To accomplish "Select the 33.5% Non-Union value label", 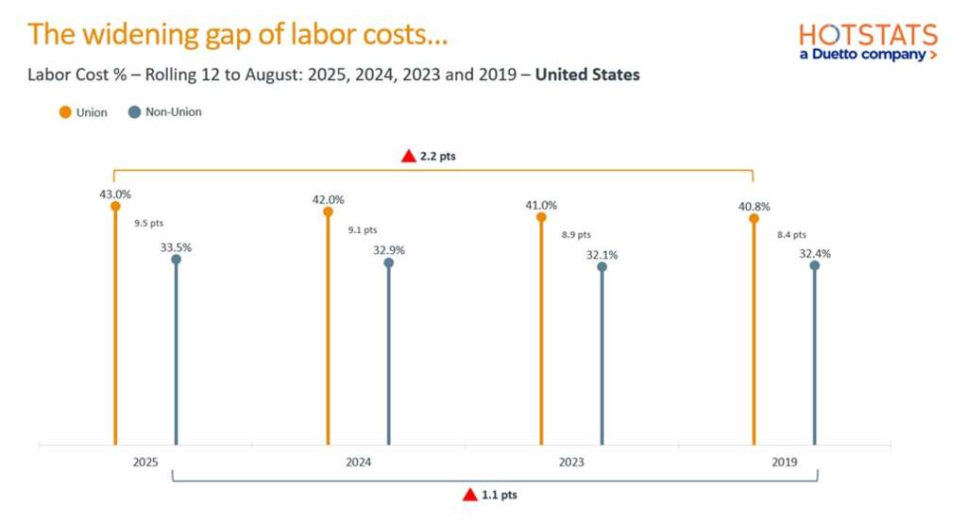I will (176, 246).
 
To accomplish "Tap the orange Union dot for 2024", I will (328, 212).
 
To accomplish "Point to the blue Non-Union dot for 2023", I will (602, 266).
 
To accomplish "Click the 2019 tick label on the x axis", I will (784, 463).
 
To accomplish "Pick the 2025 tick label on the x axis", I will (145, 463).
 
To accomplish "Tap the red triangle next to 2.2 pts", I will (408, 156).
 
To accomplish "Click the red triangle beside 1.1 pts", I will (469, 494).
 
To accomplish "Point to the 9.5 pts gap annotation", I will (149, 225).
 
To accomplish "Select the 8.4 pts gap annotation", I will (791, 234).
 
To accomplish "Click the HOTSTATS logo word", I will (868, 36).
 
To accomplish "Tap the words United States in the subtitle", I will (587, 75).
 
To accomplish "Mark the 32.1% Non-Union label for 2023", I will (602, 253).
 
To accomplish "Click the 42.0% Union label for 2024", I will (328, 199).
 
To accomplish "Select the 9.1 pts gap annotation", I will (363, 229).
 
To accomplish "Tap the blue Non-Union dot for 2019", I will (814, 265).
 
